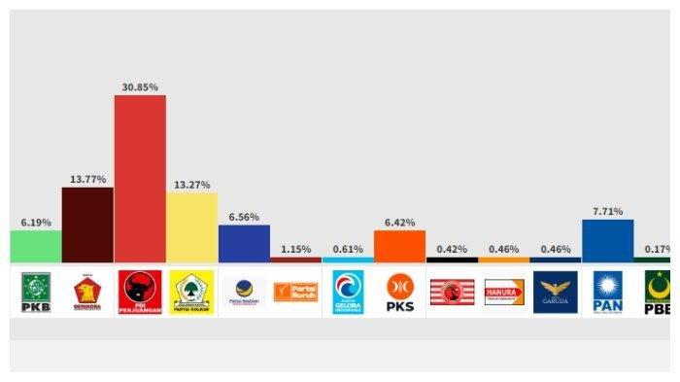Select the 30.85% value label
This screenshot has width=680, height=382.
click(140, 87)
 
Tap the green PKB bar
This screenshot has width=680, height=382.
click(36, 246)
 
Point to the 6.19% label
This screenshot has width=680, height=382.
click(36, 223)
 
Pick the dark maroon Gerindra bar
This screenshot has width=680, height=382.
click(87, 225)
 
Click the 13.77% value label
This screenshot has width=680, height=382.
click(87, 180)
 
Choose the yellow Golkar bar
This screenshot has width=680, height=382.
click(192, 226)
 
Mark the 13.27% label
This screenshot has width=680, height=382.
click(192, 185)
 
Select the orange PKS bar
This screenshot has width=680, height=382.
click(399, 246)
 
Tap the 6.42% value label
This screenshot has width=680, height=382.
click(400, 223)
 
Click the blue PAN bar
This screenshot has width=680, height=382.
click(608, 241)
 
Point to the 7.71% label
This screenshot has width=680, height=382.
click(608, 210)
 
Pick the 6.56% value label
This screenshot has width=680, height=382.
click(244, 217)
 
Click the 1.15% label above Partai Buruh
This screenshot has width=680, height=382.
click(296, 250)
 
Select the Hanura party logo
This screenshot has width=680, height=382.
click(504, 292)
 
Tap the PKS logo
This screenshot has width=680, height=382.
click(400, 292)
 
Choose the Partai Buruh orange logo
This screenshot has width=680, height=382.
click(295, 292)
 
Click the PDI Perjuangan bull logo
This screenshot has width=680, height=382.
click(140, 292)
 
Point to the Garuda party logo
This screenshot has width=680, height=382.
click(556, 292)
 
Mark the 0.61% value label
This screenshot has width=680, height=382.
click(348, 250)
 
